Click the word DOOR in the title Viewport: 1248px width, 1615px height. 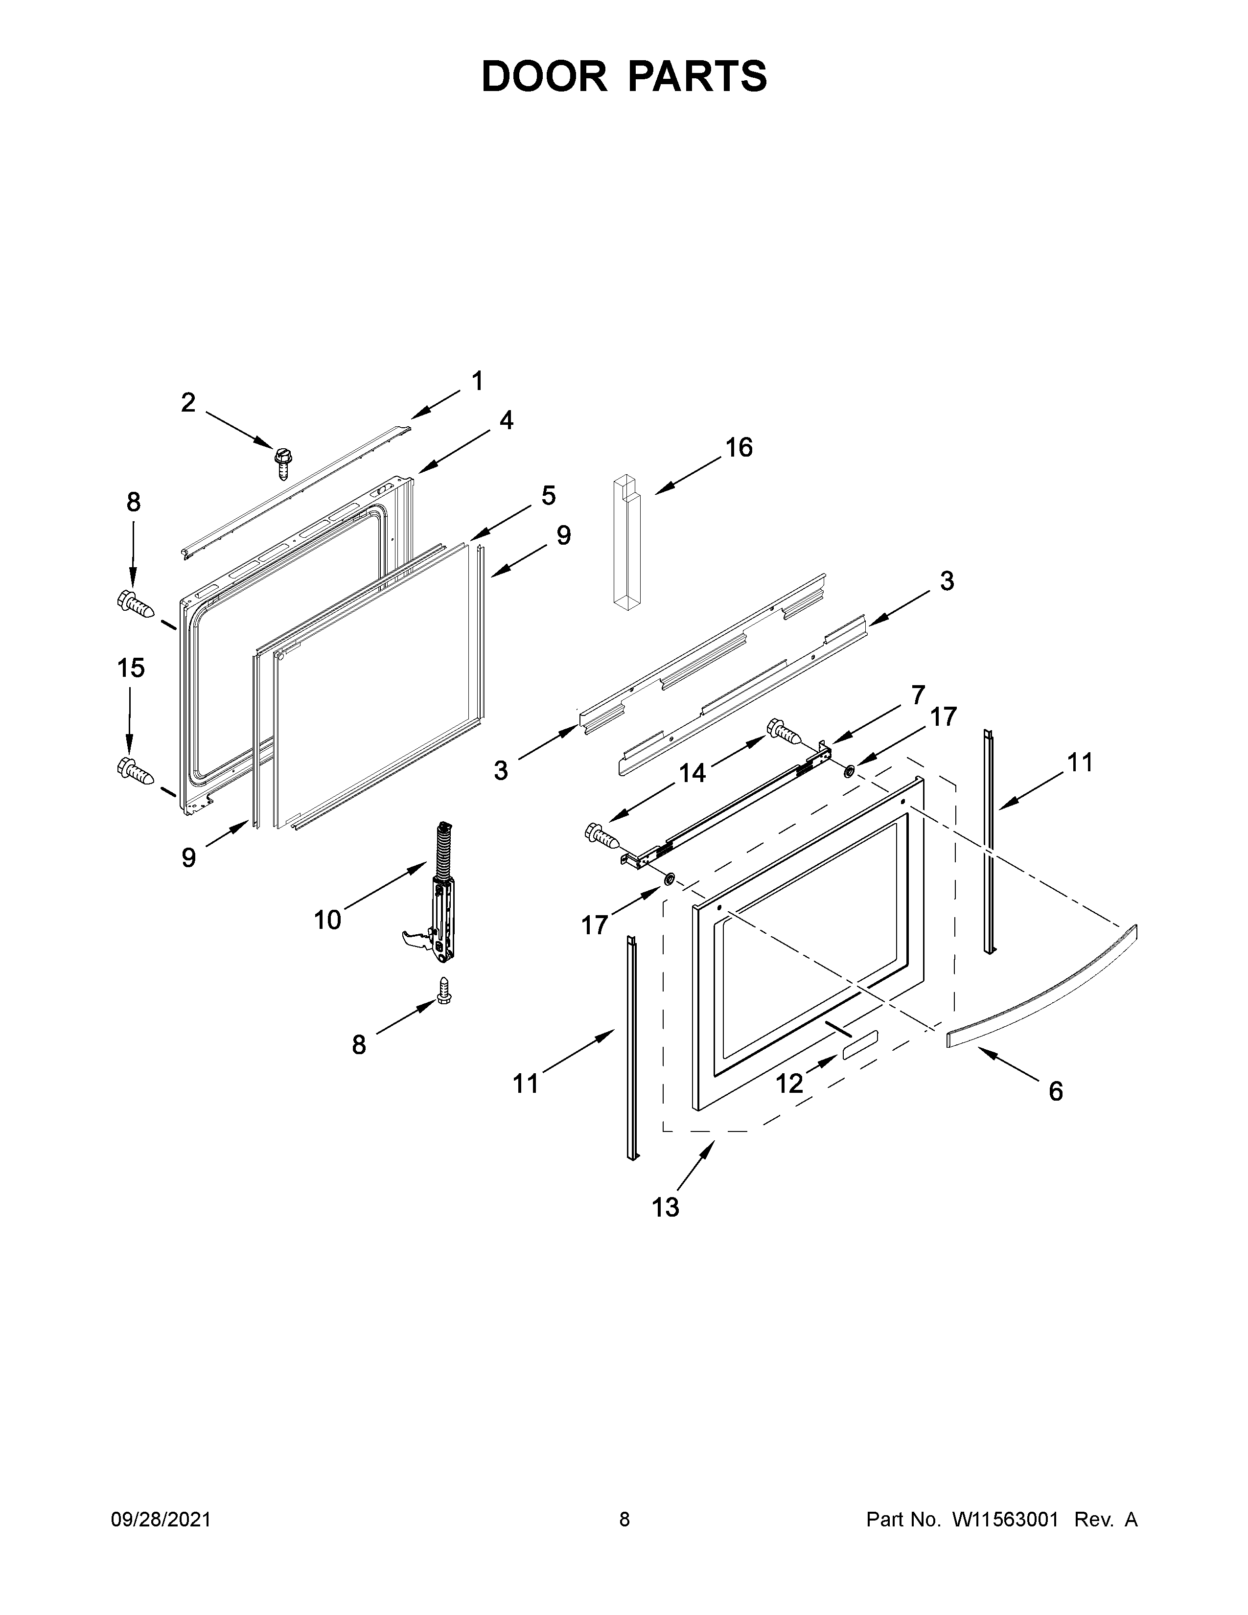click(x=543, y=76)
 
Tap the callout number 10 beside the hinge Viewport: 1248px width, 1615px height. click(x=327, y=920)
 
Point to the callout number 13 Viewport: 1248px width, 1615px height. click(x=666, y=1207)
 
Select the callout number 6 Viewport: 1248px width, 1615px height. click(x=1056, y=1091)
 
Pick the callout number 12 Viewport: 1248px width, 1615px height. click(x=789, y=1084)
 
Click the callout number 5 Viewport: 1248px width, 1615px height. click(x=548, y=495)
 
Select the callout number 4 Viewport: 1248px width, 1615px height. click(x=506, y=420)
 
